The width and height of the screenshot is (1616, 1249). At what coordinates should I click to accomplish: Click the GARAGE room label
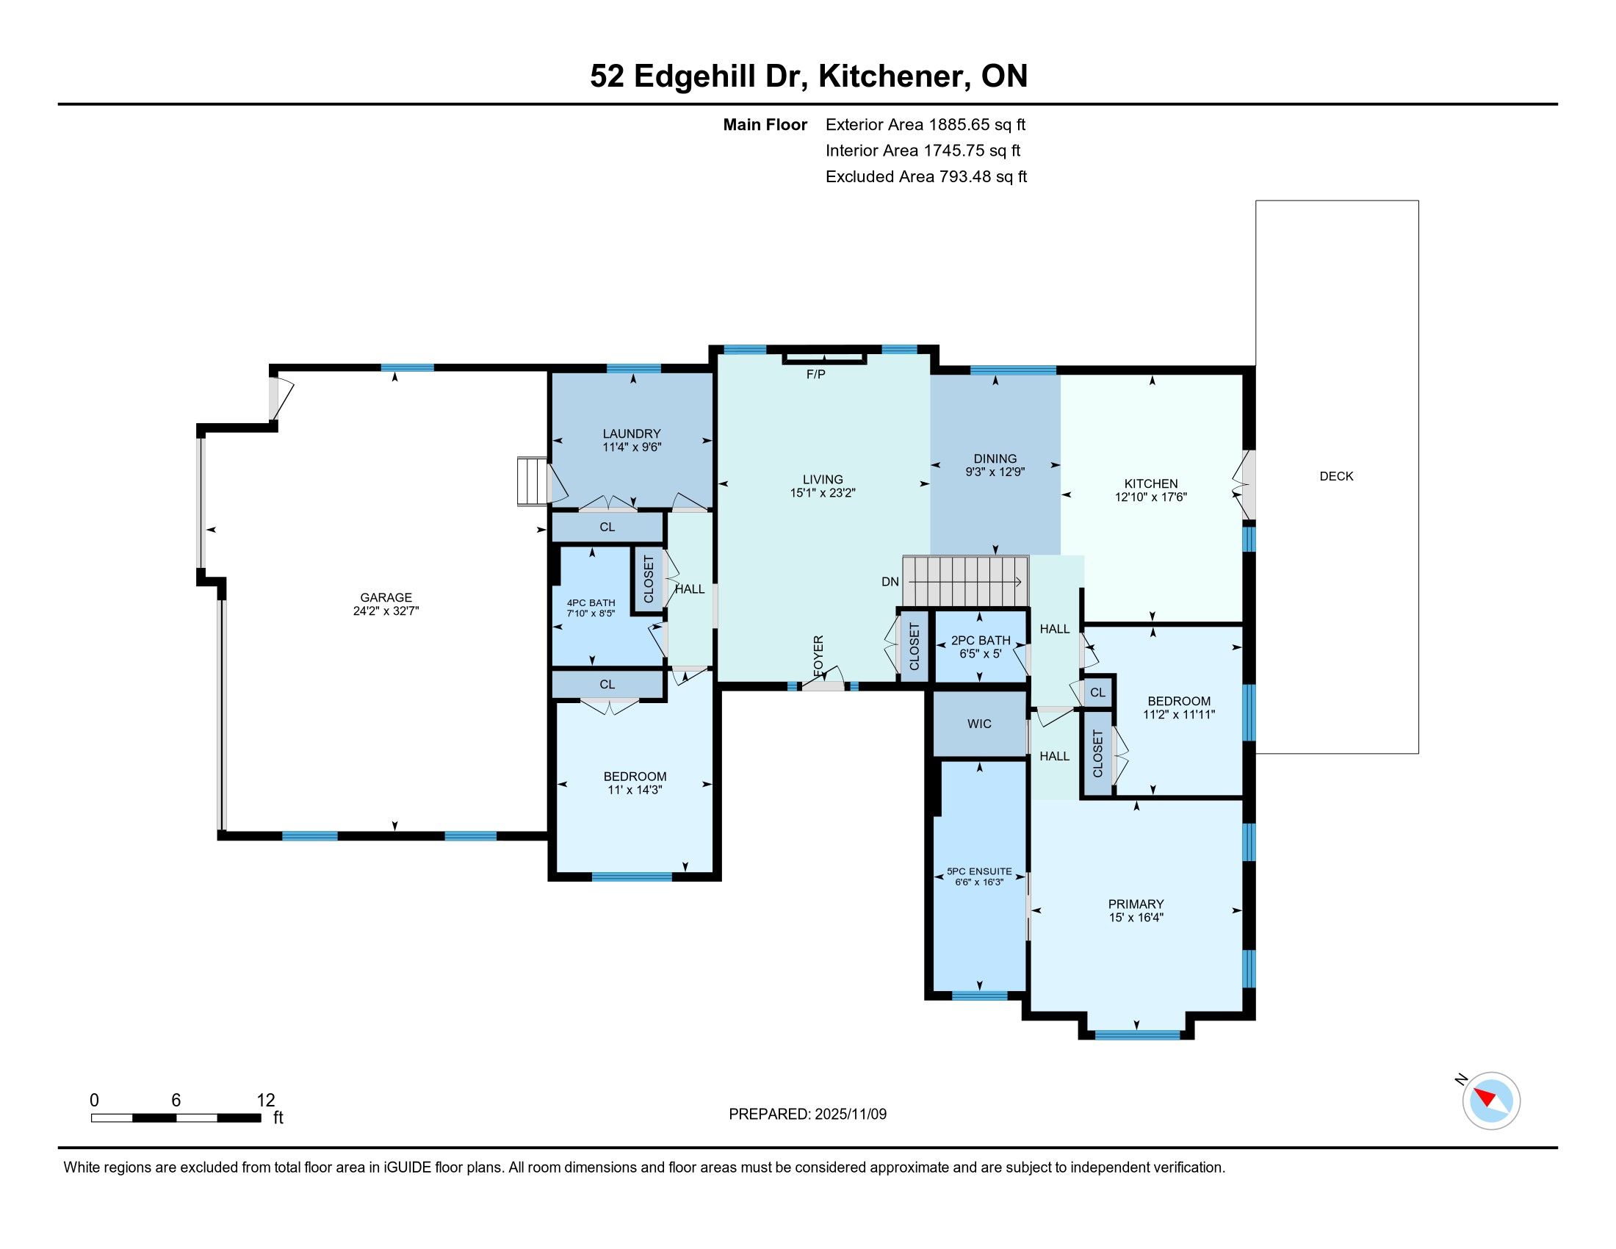click(386, 597)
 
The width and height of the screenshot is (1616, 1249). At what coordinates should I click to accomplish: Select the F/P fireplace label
click(815, 375)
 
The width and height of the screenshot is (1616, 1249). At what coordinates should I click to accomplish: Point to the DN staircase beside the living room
click(966, 581)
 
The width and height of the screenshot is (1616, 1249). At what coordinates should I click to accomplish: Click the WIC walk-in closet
click(979, 724)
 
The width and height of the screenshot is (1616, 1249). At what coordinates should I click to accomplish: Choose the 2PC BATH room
click(981, 647)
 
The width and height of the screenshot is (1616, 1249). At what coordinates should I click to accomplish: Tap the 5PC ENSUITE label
click(979, 871)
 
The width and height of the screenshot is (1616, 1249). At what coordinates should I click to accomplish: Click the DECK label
click(1336, 477)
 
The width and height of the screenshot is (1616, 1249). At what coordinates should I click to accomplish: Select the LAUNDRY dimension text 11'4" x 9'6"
click(631, 447)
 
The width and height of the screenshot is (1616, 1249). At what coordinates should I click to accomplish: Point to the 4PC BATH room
click(591, 607)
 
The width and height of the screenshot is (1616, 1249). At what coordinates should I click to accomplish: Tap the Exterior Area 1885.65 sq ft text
click(926, 125)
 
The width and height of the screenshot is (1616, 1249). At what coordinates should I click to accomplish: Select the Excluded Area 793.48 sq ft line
click(926, 177)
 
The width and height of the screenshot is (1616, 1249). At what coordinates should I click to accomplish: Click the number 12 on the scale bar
click(266, 1101)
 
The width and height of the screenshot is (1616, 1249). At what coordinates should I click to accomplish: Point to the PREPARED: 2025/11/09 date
click(807, 1115)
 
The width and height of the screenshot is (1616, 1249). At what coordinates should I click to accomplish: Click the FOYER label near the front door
click(818, 655)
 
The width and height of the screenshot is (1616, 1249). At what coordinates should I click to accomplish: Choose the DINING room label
click(995, 458)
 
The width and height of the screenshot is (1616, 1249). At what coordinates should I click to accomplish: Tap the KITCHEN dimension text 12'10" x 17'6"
click(1150, 497)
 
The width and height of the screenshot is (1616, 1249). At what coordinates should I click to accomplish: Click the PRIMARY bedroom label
click(1136, 904)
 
